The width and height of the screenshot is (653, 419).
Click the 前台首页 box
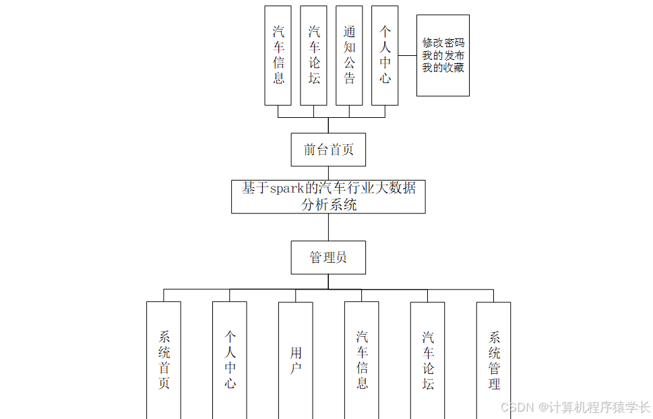(x=328, y=150)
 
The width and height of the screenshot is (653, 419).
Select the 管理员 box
(x=328, y=257)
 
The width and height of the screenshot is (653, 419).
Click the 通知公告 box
(x=349, y=55)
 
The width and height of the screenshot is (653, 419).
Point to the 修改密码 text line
(x=443, y=43)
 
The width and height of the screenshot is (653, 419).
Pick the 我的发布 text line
(x=443, y=55)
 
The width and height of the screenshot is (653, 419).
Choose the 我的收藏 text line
(x=443, y=67)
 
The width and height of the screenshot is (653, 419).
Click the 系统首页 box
(x=164, y=360)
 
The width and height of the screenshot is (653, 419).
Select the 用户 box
(x=296, y=360)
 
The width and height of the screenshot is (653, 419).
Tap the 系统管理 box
(x=494, y=360)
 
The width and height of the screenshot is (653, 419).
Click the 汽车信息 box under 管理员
(x=362, y=360)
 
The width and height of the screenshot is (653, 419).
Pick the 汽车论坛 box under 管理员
(x=428, y=360)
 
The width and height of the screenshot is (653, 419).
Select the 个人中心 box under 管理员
(x=230, y=360)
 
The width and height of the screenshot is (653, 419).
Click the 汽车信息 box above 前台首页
(x=278, y=55)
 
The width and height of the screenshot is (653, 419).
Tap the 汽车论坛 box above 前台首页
(x=313, y=55)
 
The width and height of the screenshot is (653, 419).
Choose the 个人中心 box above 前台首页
(x=385, y=55)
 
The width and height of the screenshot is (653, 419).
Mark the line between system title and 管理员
(x=328, y=227)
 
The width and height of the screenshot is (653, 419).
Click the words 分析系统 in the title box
(x=329, y=204)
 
